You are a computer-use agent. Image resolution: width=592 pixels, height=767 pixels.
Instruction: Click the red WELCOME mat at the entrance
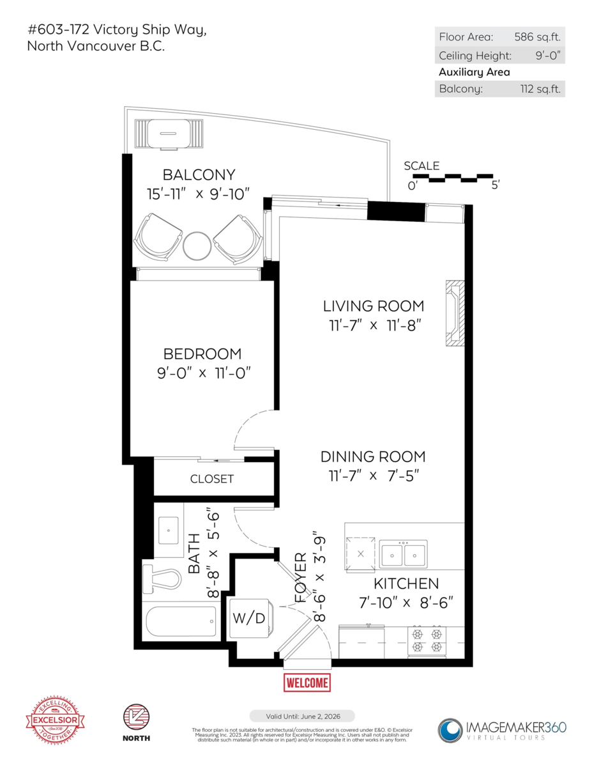[307, 682]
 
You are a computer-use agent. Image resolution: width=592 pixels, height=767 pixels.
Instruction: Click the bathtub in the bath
[181, 621]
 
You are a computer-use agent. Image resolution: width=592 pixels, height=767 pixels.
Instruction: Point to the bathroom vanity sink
[171, 530]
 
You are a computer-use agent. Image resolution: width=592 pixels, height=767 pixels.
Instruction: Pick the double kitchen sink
[403, 554]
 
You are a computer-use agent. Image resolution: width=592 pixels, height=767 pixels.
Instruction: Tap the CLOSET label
[212, 479]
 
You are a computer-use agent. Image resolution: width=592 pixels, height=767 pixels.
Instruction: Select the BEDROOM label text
[202, 354]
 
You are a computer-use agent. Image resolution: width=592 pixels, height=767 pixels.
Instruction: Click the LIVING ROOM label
[373, 307]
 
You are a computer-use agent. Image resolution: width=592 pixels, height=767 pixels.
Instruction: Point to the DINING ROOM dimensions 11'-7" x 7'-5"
[373, 476]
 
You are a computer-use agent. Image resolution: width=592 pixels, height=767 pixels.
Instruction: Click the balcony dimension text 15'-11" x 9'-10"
[198, 194]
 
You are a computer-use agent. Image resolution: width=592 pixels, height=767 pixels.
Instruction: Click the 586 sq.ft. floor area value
[538, 36]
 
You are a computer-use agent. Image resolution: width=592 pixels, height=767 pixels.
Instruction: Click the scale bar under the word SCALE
[460, 177]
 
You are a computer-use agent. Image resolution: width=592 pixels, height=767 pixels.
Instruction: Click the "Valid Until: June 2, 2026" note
[301, 716]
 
